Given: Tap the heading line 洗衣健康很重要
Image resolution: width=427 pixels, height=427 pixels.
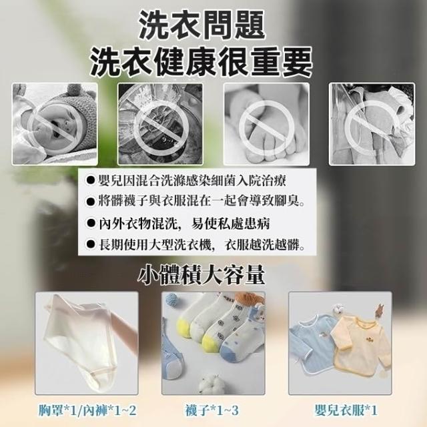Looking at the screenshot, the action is point(201,62).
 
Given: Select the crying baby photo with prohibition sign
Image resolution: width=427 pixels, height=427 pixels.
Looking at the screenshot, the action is point(55,124).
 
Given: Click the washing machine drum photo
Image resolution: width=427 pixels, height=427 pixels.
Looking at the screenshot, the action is point(160,124).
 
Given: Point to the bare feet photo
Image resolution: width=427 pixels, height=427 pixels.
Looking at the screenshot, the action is point(266,124).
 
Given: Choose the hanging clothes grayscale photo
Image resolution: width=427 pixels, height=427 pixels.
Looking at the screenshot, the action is point(372,124).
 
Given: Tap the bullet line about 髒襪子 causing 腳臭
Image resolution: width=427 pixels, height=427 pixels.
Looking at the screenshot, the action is point(195,201).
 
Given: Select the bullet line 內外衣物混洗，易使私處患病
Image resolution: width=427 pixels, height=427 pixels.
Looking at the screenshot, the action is point(177,224).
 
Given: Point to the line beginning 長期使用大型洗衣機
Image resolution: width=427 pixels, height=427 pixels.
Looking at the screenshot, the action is point(195,245).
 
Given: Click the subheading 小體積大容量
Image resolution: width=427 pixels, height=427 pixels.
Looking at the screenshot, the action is point(201,276).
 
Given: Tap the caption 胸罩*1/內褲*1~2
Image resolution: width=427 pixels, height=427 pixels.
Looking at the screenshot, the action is point(87,410).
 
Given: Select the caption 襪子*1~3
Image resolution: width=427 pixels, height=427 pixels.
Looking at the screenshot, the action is point(212,410).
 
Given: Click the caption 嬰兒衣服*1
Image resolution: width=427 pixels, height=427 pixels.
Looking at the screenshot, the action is point(346,410).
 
